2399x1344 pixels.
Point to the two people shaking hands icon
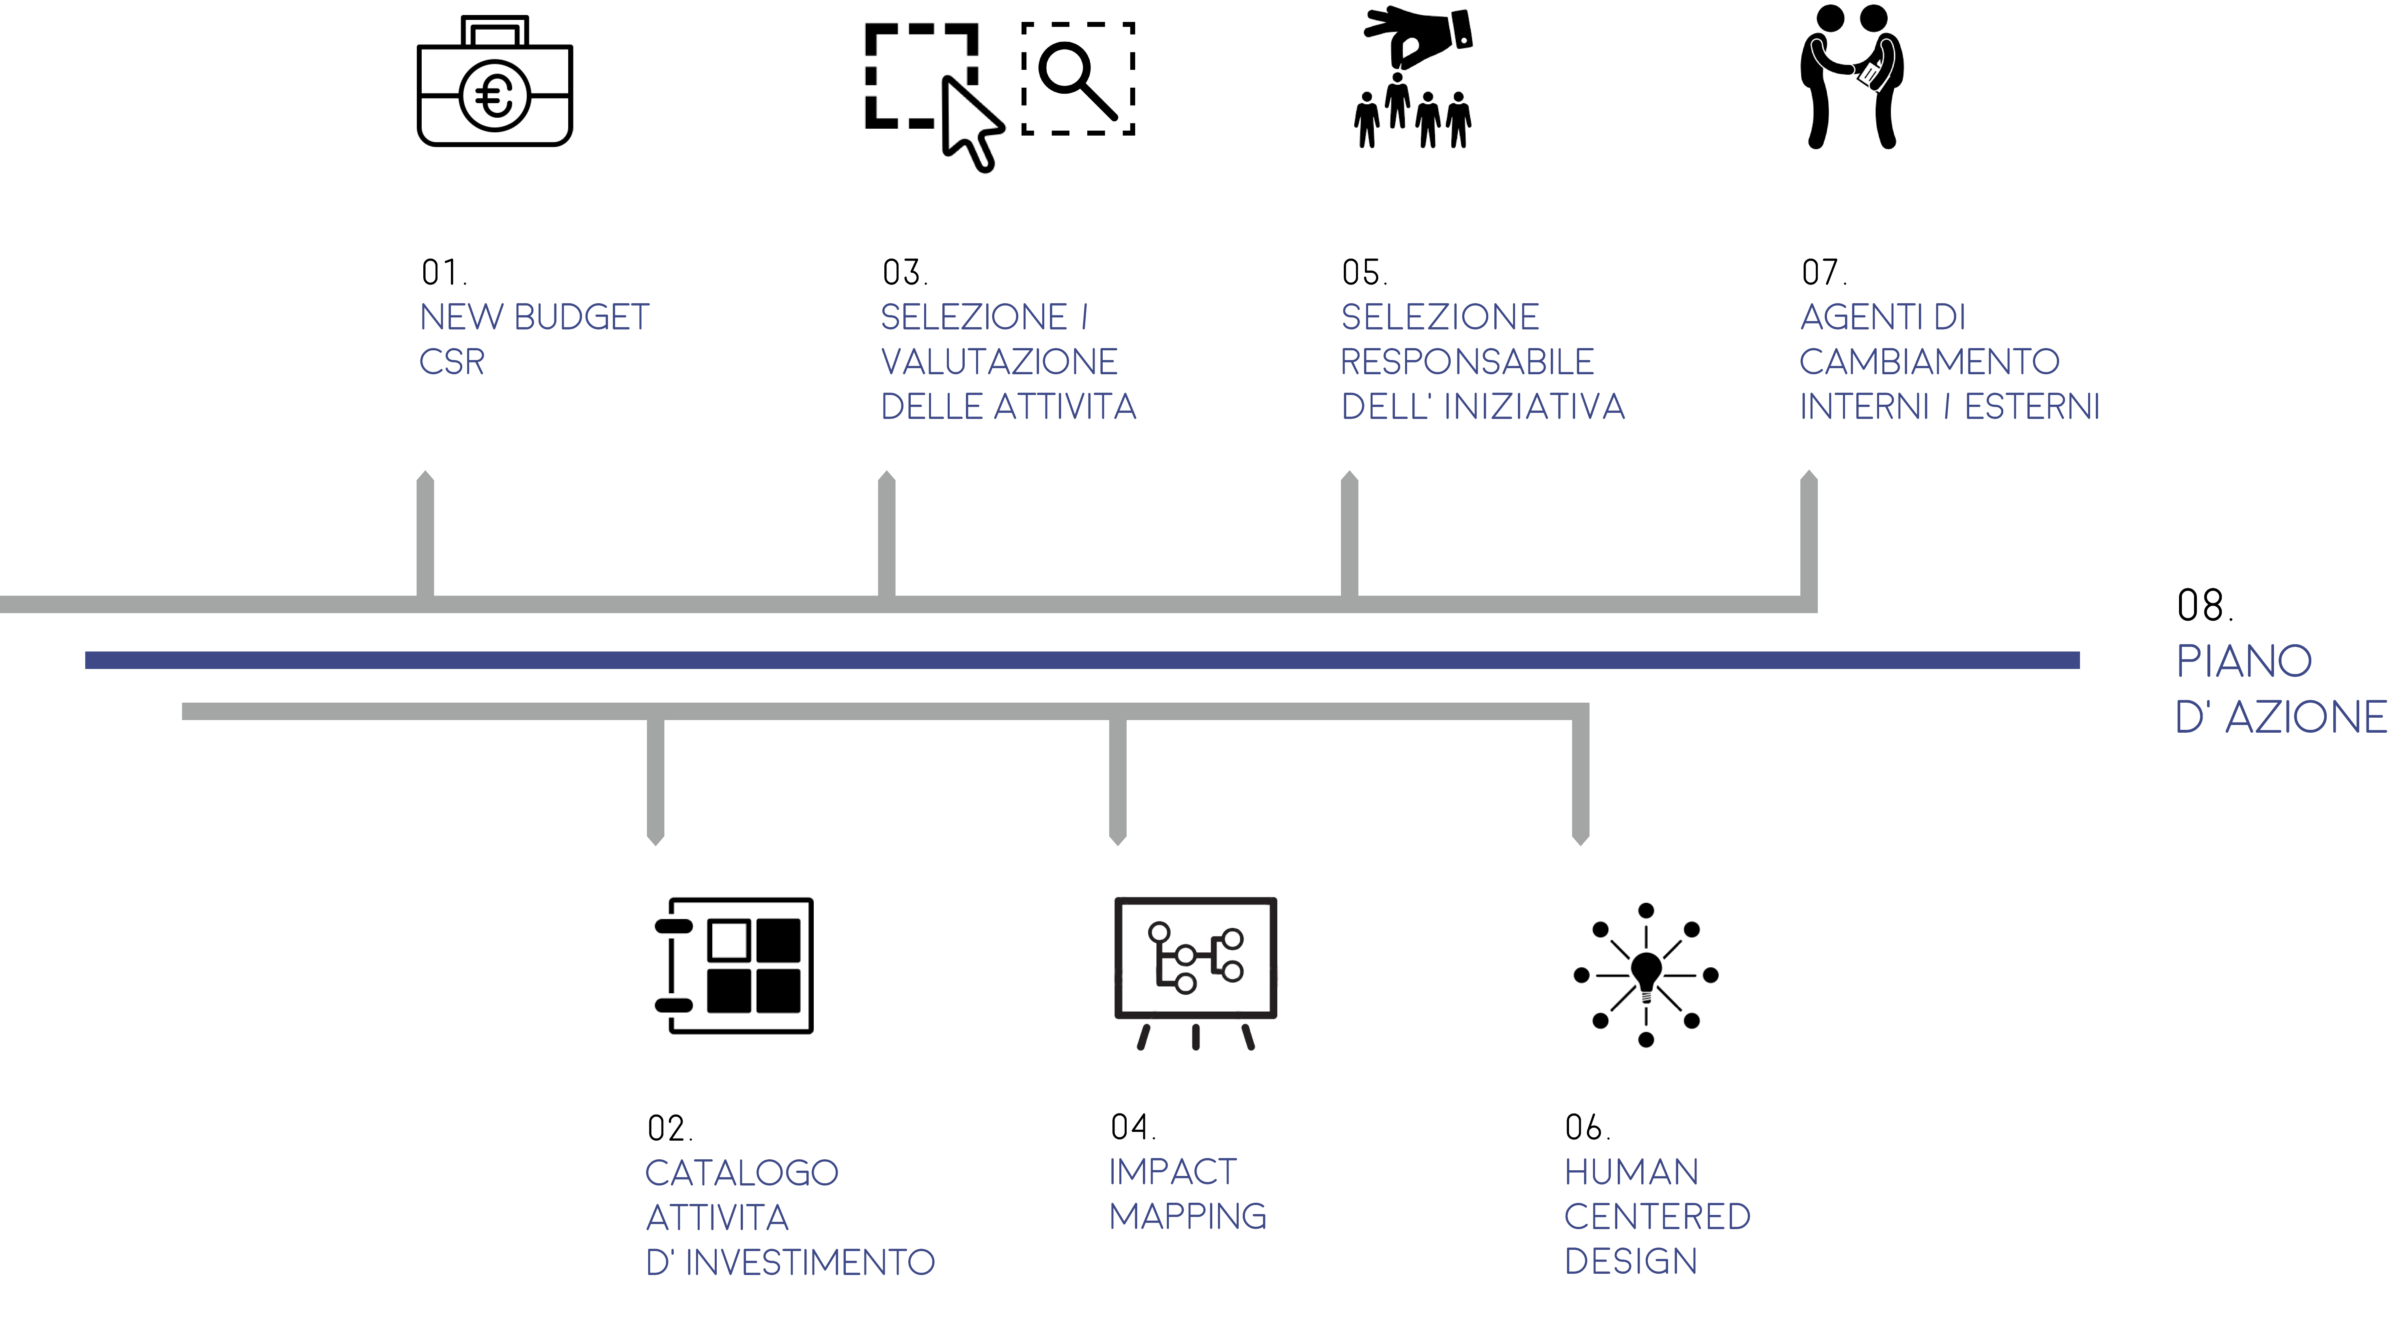pos(1852,76)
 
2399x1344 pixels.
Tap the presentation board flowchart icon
pos(1196,973)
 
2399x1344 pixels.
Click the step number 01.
pos(443,273)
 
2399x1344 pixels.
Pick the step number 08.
pos(2204,606)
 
